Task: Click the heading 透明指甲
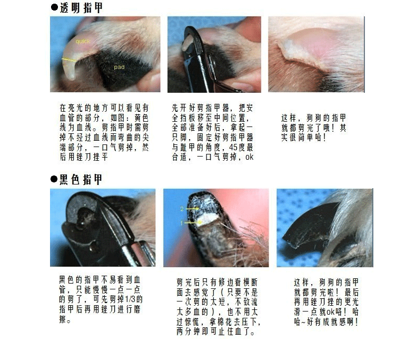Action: [81, 8]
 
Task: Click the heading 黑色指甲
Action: [81, 179]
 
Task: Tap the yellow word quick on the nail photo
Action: [83, 42]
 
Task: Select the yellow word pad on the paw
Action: [119, 67]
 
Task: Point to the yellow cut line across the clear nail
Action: [68, 60]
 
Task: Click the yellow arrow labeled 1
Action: [192, 222]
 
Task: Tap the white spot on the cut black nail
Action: [208, 219]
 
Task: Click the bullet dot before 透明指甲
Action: [54, 7]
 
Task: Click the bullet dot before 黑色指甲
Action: [54, 179]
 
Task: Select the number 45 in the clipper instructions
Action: [233, 148]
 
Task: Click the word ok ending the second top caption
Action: [250, 157]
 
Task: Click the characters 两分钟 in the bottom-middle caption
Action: [188, 332]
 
